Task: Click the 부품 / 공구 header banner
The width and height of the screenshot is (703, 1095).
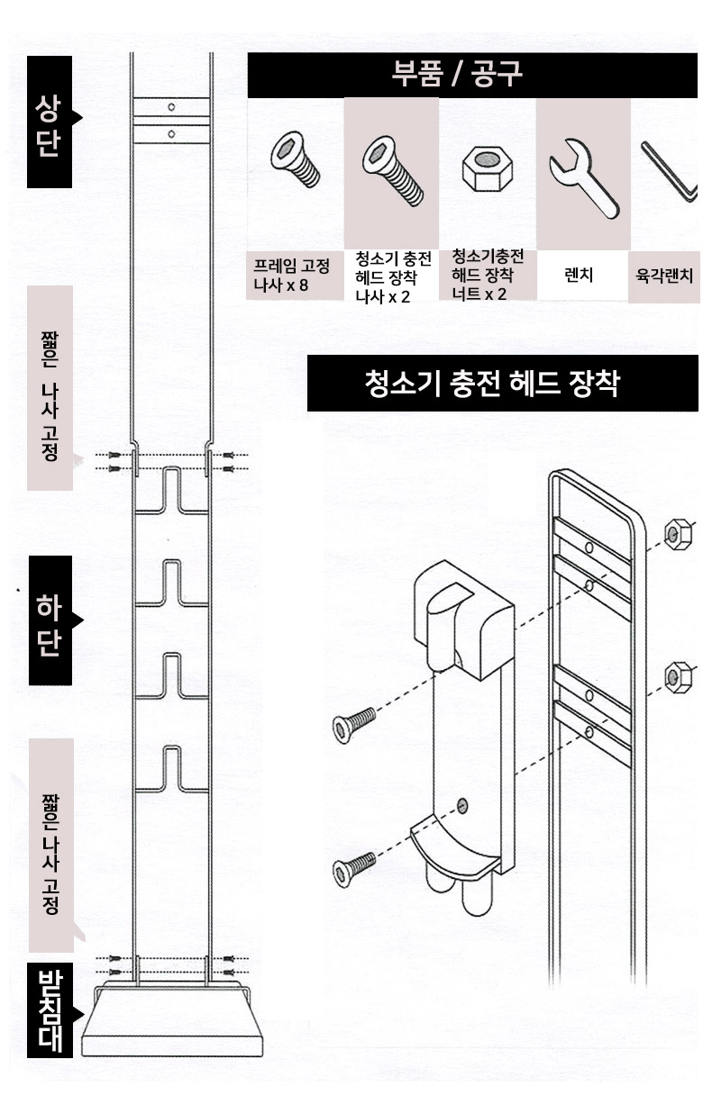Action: pyautogui.click(x=472, y=76)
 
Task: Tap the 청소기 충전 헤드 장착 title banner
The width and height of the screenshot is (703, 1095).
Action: pyautogui.click(x=502, y=383)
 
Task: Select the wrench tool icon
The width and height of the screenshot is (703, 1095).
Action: pyautogui.click(x=584, y=177)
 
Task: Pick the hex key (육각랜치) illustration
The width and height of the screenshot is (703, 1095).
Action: pyautogui.click(x=670, y=171)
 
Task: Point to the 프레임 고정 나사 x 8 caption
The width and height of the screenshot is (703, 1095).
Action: pyautogui.click(x=292, y=276)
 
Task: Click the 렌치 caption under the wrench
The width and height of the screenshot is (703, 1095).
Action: pyautogui.click(x=579, y=276)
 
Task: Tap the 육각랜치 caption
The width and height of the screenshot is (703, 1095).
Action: pyautogui.click(x=664, y=276)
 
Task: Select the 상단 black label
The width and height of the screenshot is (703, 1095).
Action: pyautogui.click(x=50, y=122)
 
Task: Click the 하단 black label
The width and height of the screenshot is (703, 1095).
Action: pyautogui.click(x=50, y=620)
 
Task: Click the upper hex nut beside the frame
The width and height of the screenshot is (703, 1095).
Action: pyautogui.click(x=678, y=534)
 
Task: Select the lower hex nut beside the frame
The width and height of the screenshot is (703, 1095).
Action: pyautogui.click(x=678, y=677)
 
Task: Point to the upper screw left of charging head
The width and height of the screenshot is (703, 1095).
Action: pyautogui.click(x=354, y=725)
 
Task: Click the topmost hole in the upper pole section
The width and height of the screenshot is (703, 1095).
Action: pyautogui.click(x=171, y=107)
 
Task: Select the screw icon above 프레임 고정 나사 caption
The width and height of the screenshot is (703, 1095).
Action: pyautogui.click(x=295, y=159)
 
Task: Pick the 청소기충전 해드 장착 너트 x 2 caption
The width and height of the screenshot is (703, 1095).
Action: pyautogui.click(x=487, y=275)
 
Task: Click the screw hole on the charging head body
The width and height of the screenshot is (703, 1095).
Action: pyautogui.click(x=461, y=806)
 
